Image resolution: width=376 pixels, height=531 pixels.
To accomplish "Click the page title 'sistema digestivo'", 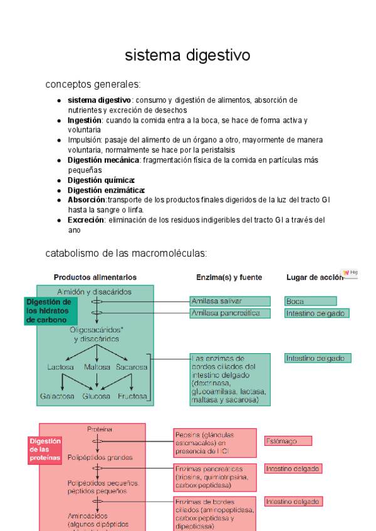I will coord(187,55).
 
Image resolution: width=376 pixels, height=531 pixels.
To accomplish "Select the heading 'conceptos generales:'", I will coord(93,84).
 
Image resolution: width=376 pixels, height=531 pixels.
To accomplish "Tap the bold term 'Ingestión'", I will coord(85,120).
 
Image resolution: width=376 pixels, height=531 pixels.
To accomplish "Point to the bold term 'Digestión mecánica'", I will coord(104,160).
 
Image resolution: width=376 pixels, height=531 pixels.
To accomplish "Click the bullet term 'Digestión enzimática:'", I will coord(106,190).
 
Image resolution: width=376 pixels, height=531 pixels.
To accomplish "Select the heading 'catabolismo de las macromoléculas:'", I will coord(126,254).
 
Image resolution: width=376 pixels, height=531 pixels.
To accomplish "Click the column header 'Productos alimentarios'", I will coord(95,277).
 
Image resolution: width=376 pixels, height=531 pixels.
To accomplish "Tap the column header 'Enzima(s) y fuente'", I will coord(229,277).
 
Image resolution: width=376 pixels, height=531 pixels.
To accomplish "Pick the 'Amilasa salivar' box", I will coord(230,301).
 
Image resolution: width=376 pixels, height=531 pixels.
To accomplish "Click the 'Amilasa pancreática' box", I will coord(230,312).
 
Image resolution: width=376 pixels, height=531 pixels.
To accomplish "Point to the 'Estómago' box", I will coord(288,441).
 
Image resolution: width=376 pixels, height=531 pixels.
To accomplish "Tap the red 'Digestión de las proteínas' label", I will coord(45,450).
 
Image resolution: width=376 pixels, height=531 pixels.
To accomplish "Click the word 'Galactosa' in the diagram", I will coord(58,396).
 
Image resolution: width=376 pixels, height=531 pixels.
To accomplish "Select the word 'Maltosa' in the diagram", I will coord(97,367).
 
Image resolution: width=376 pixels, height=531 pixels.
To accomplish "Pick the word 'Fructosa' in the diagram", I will coord(132,396).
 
